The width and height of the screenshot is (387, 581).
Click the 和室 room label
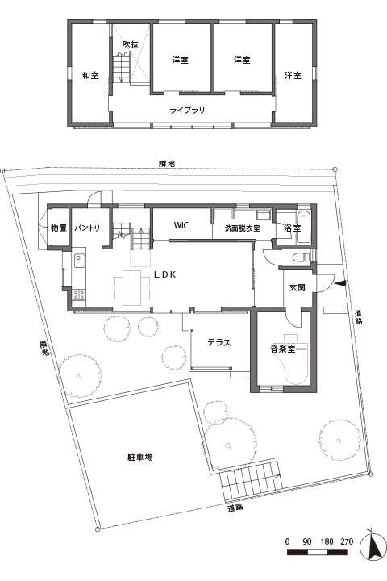[89, 76]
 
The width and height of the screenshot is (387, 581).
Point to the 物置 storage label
[58, 228]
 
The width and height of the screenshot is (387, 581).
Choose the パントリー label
[91, 228]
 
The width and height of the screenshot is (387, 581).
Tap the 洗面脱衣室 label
[242, 228]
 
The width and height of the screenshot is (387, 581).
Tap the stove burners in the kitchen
[79, 295]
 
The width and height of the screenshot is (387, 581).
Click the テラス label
[219, 342]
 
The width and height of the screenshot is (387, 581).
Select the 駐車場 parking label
[140, 457]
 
